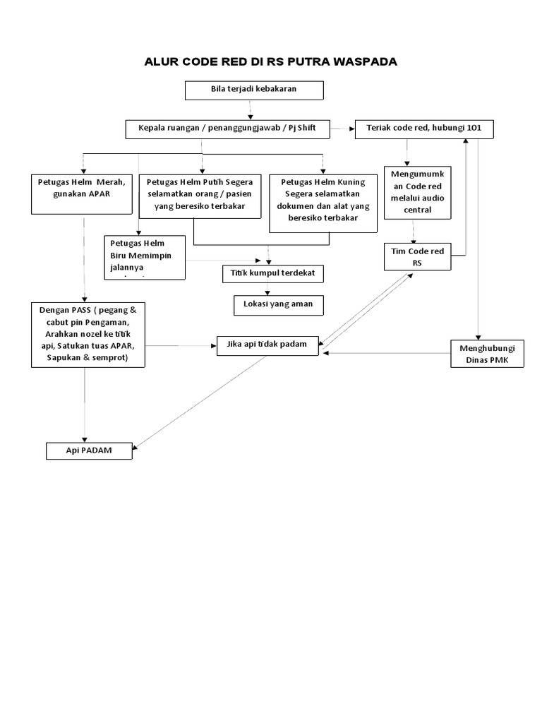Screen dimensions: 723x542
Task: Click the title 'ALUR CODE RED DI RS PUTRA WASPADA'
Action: tap(271, 61)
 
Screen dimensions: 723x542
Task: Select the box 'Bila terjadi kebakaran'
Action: tap(254, 90)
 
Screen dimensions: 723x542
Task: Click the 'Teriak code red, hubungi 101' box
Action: tap(424, 129)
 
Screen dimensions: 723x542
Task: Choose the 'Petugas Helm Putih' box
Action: tap(199, 195)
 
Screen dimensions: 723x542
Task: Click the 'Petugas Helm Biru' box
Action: tap(145, 256)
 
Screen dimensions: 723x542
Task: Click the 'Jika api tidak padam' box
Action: tap(267, 345)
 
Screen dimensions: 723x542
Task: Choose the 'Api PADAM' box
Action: tap(89, 450)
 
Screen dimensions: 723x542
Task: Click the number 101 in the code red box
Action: tap(474, 129)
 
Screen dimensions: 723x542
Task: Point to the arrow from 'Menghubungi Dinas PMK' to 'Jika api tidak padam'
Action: tap(385, 353)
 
